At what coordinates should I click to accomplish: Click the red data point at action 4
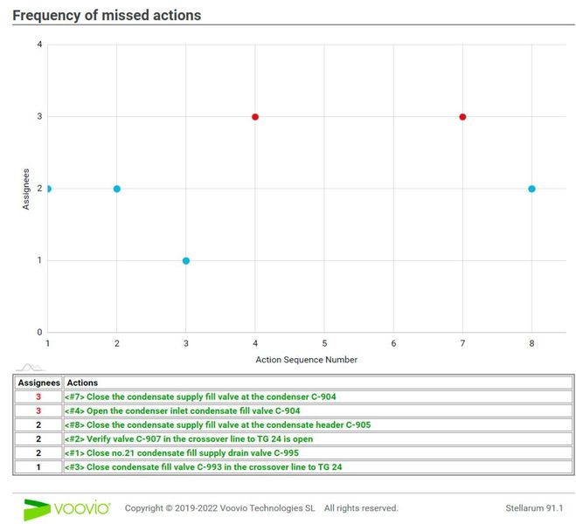[x=255, y=116]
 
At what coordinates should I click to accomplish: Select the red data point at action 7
[x=462, y=116]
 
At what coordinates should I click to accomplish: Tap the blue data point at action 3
[x=186, y=260]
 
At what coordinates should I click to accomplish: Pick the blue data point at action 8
[x=531, y=189]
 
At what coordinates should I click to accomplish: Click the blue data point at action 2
[x=117, y=189]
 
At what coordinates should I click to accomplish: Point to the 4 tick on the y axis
[x=38, y=45]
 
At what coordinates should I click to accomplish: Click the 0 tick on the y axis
[x=38, y=333]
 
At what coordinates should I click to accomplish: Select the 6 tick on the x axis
[x=393, y=344]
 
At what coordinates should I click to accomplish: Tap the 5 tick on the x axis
[x=324, y=344]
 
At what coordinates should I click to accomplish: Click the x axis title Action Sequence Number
[x=306, y=359]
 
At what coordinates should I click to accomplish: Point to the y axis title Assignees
[x=25, y=189]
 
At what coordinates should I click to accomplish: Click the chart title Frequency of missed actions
[x=107, y=16]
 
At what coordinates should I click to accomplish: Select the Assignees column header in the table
[x=38, y=383]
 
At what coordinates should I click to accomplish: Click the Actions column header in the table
[x=82, y=383]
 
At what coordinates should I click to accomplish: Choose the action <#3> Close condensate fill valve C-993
[x=202, y=466]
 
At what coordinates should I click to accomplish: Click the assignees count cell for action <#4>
[x=38, y=410]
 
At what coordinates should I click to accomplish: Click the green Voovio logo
[x=66, y=508]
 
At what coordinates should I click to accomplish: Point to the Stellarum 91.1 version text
[x=534, y=508]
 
